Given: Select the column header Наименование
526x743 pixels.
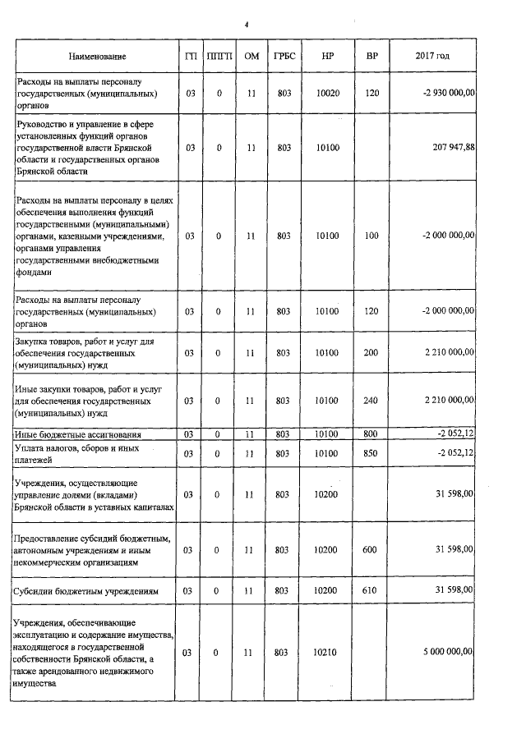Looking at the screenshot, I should pyautogui.click(x=97, y=56).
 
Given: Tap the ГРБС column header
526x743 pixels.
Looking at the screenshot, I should pyautogui.click(x=284, y=56).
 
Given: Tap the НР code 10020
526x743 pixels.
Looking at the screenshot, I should pyautogui.click(x=328, y=94).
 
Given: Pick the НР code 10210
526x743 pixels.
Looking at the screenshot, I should pyautogui.click(x=328, y=652).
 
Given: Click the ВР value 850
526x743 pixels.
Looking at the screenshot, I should pyautogui.click(x=371, y=453).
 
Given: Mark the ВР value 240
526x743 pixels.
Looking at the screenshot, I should pyautogui.click(x=371, y=400).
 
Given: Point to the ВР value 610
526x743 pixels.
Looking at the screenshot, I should pyautogui.click(x=371, y=590).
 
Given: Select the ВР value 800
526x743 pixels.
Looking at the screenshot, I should pyautogui.click(x=371, y=433).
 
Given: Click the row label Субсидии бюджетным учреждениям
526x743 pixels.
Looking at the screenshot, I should pyautogui.click(x=87, y=590).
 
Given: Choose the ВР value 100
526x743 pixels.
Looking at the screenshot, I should pyautogui.click(x=371, y=236).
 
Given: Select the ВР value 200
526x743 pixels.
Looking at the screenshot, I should pyautogui.click(x=371, y=352).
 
